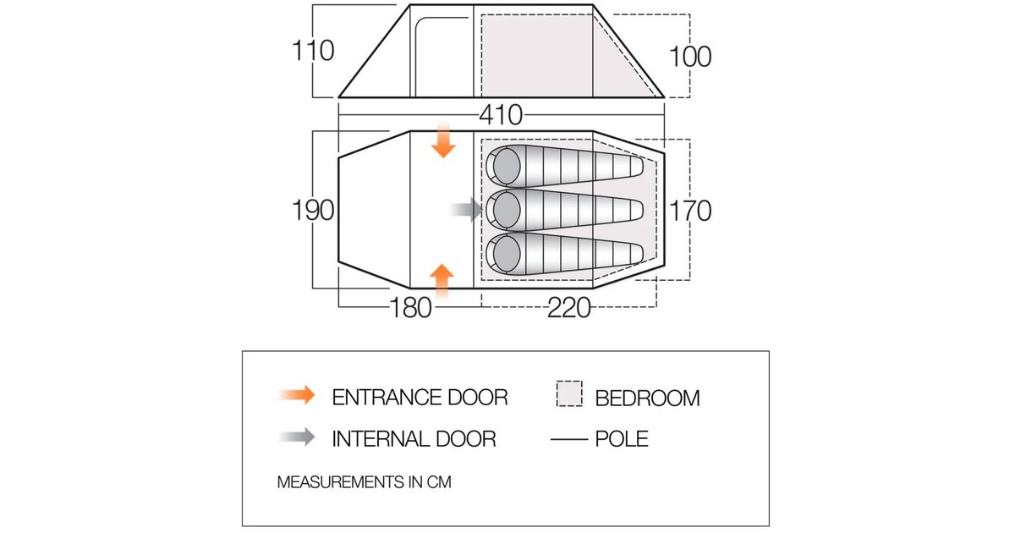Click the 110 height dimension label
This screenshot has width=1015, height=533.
pyautogui.click(x=313, y=50)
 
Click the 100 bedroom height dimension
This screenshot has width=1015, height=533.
pyautogui.click(x=690, y=57)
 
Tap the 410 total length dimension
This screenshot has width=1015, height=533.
pyautogui.click(x=501, y=115)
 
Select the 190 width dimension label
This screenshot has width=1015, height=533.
pyautogui.click(x=313, y=211)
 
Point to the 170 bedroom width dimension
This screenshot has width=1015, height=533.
pyautogui.click(x=690, y=211)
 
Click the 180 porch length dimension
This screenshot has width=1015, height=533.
pyautogui.click(x=410, y=308)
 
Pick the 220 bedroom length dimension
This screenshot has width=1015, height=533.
pyautogui.click(x=569, y=308)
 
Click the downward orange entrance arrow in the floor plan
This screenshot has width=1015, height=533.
pyautogui.click(x=443, y=140)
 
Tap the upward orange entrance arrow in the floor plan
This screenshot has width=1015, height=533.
pyautogui.click(x=442, y=282)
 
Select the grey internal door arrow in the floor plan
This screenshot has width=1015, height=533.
pyautogui.click(x=466, y=210)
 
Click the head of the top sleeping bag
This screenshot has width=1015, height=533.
pyautogui.click(x=506, y=167)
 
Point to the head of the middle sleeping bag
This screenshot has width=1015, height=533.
pyautogui.click(x=506, y=211)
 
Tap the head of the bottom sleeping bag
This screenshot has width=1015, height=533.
pyautogui.click(x=506, y=254)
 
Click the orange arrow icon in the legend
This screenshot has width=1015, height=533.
pyautogui.click(x=297, y=395)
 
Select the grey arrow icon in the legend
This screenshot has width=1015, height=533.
pyautogui.click(x=297, y=437)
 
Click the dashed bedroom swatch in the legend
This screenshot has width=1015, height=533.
pyautogui.click(x=569, y=393)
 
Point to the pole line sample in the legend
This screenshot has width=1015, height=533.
pyautogui.click(x=569, y=439)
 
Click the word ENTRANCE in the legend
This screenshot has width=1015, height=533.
pyautogui.click(x=387, y=398)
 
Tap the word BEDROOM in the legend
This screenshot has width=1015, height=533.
pyautogui.click(x=648, y=398)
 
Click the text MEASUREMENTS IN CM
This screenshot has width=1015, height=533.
pyautogui.click(x=365, y=481)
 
